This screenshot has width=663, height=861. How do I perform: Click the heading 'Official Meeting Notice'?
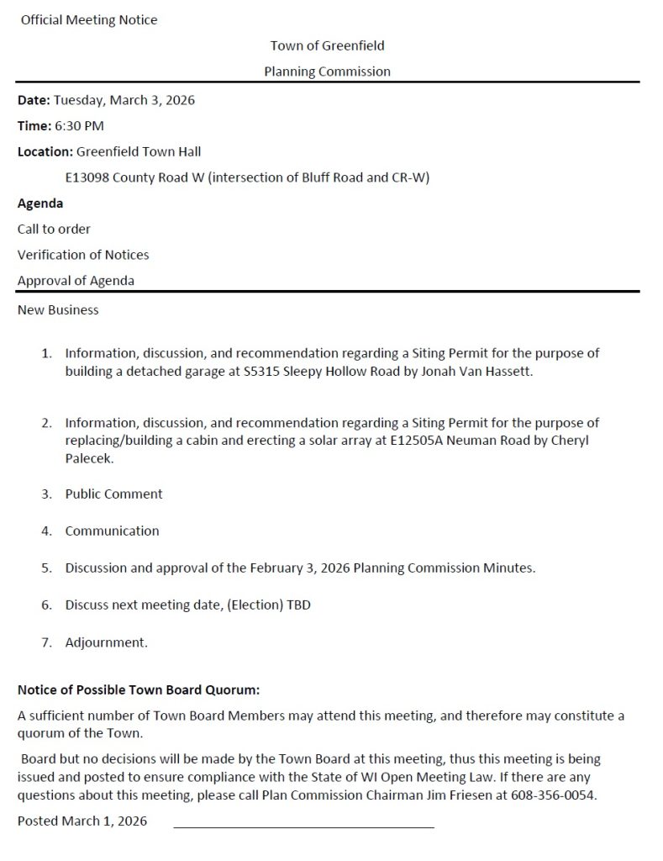pos(89,20)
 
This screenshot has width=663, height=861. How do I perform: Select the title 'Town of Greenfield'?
pos(328,45)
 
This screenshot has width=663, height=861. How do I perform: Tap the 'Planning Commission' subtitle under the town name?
pos(328,71)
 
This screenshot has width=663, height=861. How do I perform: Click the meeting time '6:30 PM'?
pos(79,126)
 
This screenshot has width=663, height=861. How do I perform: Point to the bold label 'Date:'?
pos(34,100)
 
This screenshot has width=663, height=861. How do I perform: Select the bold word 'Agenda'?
pos(40,203)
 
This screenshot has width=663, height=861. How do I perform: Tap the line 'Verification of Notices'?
pos(83,255)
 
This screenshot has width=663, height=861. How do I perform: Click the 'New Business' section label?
pos(58,310)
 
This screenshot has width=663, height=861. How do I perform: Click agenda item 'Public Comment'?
pos(114,494)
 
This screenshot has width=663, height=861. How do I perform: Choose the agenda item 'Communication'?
pos(112,531)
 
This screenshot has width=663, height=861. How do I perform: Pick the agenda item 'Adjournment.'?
pos(107,643)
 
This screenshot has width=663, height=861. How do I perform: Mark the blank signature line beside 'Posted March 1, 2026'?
pos(303,827)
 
